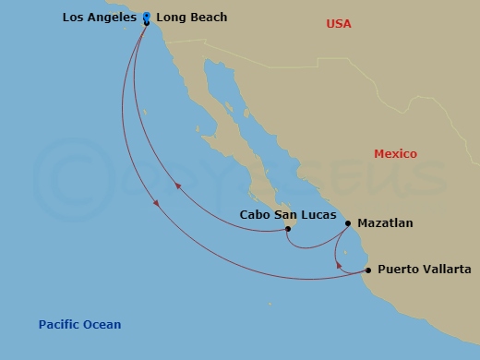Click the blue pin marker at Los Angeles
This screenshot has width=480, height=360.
click(147, 16)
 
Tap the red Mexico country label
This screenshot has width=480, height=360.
click(395, 154)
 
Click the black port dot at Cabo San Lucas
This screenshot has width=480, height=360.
click(288, 229)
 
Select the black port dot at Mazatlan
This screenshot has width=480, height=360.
click(348, 222)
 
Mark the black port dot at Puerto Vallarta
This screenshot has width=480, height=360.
click(368, 270)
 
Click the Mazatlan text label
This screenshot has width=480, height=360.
click(385, 223)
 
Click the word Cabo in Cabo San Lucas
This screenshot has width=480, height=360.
click(255, 214)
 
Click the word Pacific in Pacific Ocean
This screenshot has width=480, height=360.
click(59, 325)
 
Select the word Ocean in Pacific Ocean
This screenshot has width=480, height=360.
click(102, 325)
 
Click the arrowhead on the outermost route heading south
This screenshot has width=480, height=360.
click(156, 202)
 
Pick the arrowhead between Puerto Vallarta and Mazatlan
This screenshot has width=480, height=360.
click(339, 266)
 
